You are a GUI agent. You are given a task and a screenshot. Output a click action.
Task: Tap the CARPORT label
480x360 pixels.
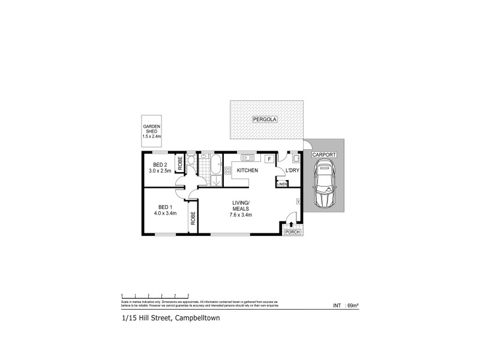(324, 154)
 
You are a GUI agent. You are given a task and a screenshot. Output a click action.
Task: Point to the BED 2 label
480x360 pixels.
(160, 164)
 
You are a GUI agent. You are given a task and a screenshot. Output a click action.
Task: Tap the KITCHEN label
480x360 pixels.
(247, 171)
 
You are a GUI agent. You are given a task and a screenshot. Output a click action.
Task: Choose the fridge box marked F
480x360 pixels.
(269, 159)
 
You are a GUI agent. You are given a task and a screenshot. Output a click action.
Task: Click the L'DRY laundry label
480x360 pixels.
(292, 171)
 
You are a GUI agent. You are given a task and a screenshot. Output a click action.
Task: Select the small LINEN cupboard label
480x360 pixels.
(281, 184)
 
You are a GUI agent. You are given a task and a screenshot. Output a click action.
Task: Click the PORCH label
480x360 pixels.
(292, 232)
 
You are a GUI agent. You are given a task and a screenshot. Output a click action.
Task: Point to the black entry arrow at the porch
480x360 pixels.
(292, 224)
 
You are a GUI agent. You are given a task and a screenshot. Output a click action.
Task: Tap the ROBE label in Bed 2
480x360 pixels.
(179, 162)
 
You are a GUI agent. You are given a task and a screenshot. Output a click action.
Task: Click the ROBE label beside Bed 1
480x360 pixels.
(193, 218)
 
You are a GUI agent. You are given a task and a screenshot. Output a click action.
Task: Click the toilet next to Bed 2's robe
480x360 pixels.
(190, 161)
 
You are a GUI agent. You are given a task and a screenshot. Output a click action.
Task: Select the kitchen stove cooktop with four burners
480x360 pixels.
(228, 171)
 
